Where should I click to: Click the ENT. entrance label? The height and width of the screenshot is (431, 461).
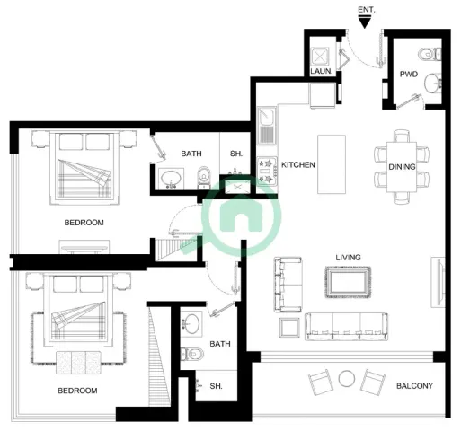coord(367,10)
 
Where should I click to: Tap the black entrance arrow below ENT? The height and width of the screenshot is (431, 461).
coord(365,22)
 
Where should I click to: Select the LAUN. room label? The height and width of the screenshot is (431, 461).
coord(322,71)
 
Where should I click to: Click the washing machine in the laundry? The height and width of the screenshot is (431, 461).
coord(319,57)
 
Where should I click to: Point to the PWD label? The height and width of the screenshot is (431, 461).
coord(409,74)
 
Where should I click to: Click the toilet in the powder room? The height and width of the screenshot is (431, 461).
coord(430,54)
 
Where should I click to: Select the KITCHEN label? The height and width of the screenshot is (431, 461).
coord(298,164)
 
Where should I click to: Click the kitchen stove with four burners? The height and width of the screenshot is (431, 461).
coord(267,172)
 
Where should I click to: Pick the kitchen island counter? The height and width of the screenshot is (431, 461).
coord(332,164)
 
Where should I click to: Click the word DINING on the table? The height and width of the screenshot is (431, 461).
coord(402,167)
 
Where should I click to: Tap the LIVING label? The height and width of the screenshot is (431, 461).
coord(348,258)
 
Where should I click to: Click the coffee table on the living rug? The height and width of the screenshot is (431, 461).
coord(348,282)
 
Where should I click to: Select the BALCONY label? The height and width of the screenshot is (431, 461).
coord(414,386)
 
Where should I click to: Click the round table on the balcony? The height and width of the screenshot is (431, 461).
coord(347,378)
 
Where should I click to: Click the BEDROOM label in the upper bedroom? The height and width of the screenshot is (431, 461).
coord(84,223)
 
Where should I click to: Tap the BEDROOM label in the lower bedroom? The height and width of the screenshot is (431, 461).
coord(77,391)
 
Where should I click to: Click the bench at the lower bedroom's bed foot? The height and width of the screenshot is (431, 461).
coord(78,363)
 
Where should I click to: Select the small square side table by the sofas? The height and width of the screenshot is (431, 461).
coord(289,328)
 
